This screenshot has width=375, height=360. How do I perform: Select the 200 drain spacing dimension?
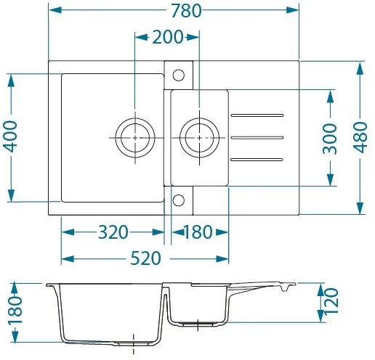(x=167, y=37)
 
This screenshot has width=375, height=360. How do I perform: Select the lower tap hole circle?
(x=178, y=200)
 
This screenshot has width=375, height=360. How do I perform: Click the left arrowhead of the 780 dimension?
(x=53, y=10)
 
